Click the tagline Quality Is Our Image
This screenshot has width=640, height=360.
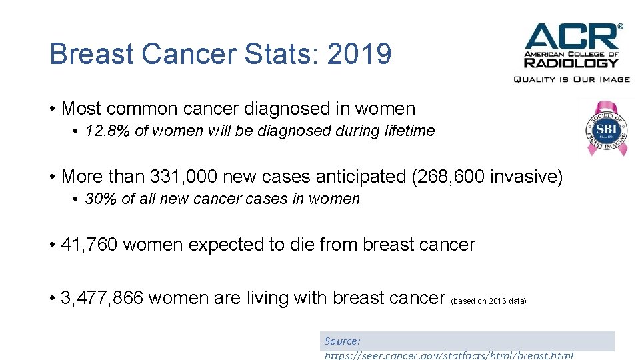point(571,79)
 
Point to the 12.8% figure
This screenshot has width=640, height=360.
point(107,131)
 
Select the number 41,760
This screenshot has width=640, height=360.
point(89,245)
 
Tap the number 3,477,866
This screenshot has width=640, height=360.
point(101,298)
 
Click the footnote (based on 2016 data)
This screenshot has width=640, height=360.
point(489,301)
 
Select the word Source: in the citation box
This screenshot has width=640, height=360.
point(343,341)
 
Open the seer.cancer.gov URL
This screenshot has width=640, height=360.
point(449,355)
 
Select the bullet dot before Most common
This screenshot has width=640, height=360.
point(52,109)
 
